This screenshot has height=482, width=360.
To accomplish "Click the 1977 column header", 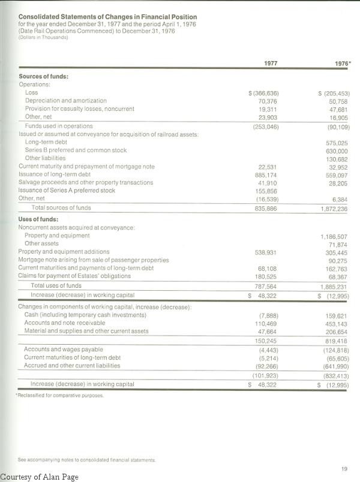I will pyautogui.click(x=271, y=64).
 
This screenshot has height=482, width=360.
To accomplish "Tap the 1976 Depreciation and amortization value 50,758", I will pyautogui.click(x=338, y=101).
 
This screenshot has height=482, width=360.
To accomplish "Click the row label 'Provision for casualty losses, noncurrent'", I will pyautogui.click(x=80, y=109).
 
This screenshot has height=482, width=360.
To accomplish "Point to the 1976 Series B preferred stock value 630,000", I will pyautogui.click(x=338, y=150).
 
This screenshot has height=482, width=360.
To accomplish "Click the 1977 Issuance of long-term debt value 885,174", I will pyautogui.click(x=266, y=174).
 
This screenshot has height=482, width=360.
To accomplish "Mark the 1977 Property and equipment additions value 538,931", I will pyautogui.click(x=266, y=252).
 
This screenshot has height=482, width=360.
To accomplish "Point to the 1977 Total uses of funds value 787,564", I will pyautogui.click(x=266, y=286).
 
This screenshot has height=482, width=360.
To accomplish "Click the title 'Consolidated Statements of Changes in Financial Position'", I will pyautogui.click(x=107, y=17).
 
